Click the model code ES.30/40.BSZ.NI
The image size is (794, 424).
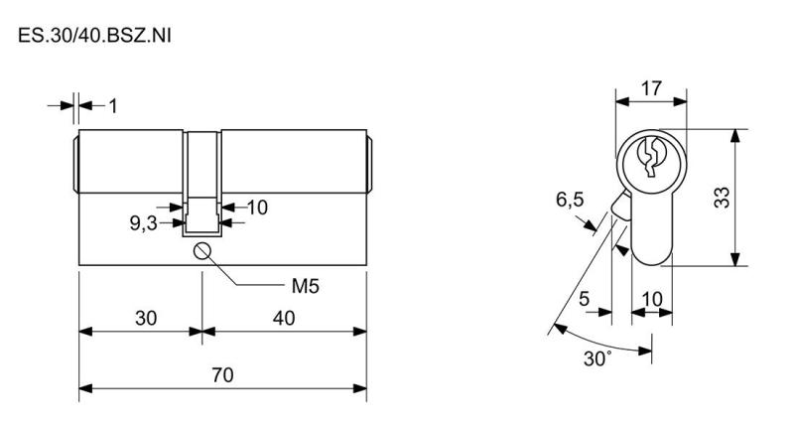click(94, 36)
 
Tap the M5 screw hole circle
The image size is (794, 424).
click(202, 251)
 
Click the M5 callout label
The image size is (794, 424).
click(306, 287)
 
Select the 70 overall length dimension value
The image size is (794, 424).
click(222, 375)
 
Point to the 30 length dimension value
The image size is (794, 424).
click(146, 319)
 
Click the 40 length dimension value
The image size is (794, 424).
click(284, 319)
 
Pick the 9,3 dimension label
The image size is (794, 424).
click(144, 223)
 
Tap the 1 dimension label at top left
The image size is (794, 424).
click(113, 106)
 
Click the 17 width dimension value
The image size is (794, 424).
click(651, 88)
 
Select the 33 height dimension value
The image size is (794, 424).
click(722, 198)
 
